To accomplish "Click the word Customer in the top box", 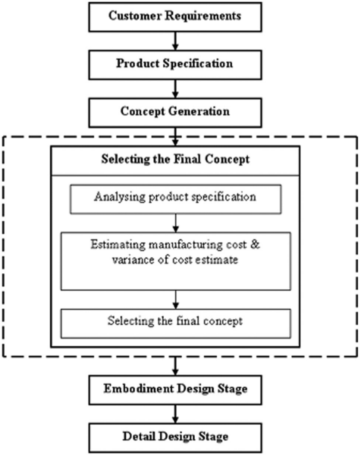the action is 135,16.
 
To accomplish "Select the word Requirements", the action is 203,16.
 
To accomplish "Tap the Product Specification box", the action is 175,65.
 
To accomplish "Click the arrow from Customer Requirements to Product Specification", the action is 175,41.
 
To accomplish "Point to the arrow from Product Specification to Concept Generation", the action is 175,89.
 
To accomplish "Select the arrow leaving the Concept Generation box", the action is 175,136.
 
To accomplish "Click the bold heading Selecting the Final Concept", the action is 175,159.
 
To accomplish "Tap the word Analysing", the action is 119,197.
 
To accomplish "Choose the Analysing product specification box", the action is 176,199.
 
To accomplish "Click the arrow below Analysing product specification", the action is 176,223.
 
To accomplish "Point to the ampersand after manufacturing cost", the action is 255,244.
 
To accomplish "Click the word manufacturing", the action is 186,245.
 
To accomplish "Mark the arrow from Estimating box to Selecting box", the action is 176,300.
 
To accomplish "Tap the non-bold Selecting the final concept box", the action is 176,323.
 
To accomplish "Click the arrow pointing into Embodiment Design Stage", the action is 175,366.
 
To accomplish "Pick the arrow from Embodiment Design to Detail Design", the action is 175,414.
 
